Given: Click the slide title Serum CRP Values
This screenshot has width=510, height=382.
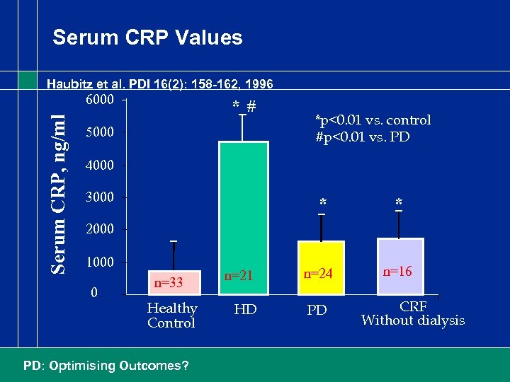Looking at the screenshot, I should point(147,37).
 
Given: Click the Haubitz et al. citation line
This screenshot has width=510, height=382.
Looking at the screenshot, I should point(159,84).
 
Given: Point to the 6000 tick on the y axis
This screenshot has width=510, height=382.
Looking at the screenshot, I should point(100,99).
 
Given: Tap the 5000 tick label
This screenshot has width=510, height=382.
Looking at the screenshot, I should point(100,132).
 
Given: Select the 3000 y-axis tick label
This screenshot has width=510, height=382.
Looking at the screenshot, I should point(100,197).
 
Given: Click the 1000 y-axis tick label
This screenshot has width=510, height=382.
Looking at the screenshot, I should point(100,262).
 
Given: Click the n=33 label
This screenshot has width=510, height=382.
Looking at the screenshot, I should point(169,283).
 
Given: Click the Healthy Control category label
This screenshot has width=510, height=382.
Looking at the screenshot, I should point(171,316).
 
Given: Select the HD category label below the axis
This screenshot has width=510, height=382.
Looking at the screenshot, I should point(244,311).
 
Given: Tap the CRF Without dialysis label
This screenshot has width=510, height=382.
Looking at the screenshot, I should point(413,313).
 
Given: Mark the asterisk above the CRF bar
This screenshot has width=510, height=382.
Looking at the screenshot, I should point(399,204).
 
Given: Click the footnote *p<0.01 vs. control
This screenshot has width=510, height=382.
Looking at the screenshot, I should point(373,120).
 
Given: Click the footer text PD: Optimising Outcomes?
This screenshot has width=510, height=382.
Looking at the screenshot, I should point(106,366).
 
